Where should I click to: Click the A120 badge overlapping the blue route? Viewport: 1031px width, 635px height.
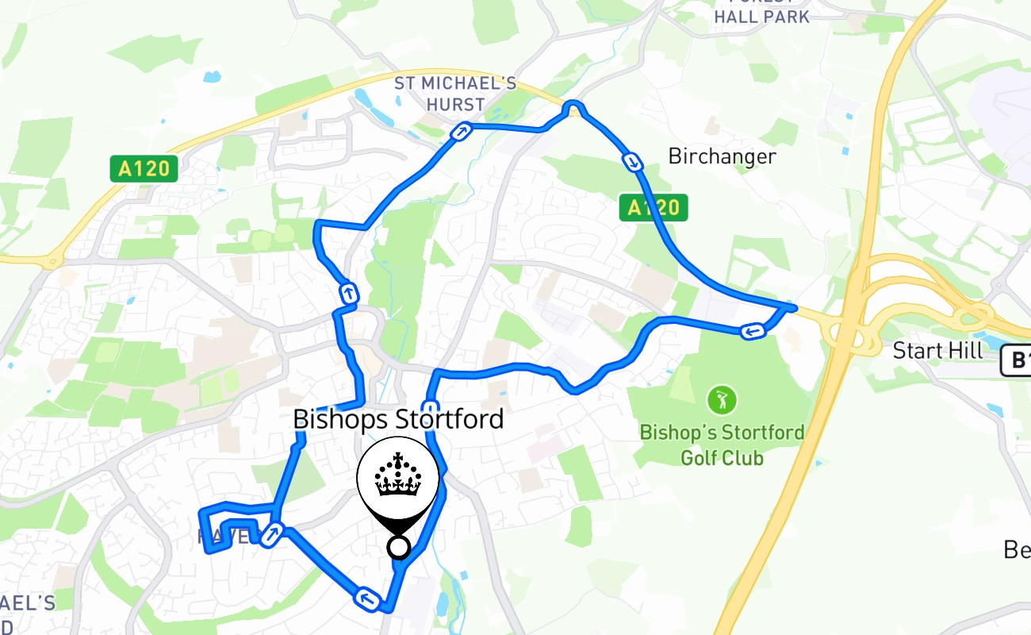point(653,208)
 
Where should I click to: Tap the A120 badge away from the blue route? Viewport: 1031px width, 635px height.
point(144,168)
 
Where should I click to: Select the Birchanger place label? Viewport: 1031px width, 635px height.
point(722,156)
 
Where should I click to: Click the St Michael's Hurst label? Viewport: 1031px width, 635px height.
point(455,94)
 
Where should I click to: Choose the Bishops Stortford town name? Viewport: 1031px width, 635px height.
point(398,419)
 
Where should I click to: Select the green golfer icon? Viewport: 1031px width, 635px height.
point(722,399)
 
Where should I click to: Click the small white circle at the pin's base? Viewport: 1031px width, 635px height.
point(398,547)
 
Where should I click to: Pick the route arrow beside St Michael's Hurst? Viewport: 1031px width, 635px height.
point(460,131)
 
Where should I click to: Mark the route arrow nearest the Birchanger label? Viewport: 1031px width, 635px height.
point(633,163)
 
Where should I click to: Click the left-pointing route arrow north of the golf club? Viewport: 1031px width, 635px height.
point(752,330)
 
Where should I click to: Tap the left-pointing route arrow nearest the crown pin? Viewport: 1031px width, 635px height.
point(366,599)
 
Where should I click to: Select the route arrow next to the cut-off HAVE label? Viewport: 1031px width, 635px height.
point(271,535)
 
